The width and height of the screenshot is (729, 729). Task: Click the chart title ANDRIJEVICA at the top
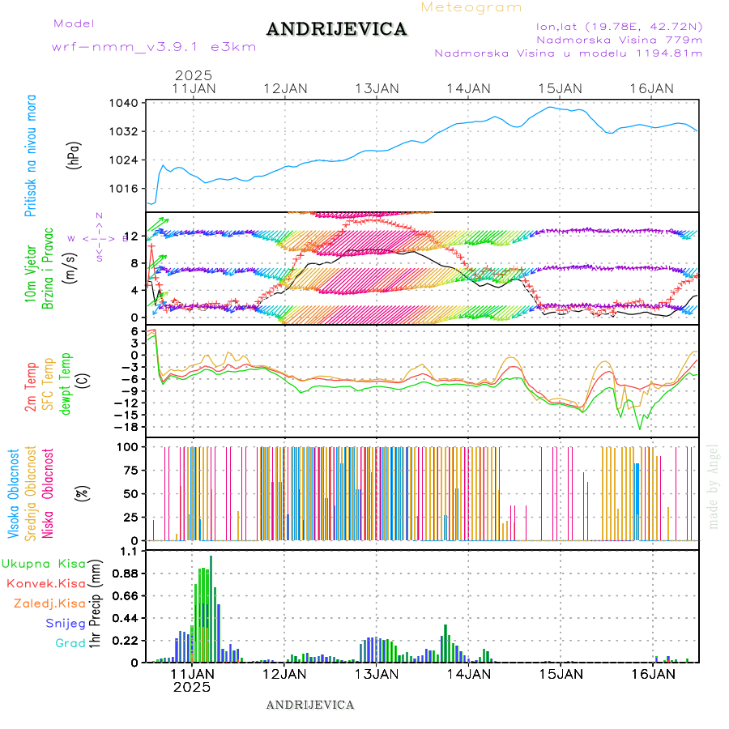click(336, 29)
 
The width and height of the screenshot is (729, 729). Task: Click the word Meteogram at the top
click(471, 7)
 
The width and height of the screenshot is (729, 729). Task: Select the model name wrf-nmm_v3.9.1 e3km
click(154, 46)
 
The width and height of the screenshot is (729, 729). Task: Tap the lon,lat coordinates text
click(613, 26)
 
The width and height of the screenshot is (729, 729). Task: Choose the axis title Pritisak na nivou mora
click(31, 159)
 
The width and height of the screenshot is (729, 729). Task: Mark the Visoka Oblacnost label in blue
click(14, 492)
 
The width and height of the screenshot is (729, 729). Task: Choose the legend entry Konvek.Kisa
click(45, 583)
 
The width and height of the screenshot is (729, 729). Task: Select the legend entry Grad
click(70, 643)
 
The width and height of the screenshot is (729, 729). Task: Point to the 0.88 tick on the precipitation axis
click(125, 573)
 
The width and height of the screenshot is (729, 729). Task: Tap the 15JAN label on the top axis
click(560, 88)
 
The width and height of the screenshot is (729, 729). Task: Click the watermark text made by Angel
click(714, 486)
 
